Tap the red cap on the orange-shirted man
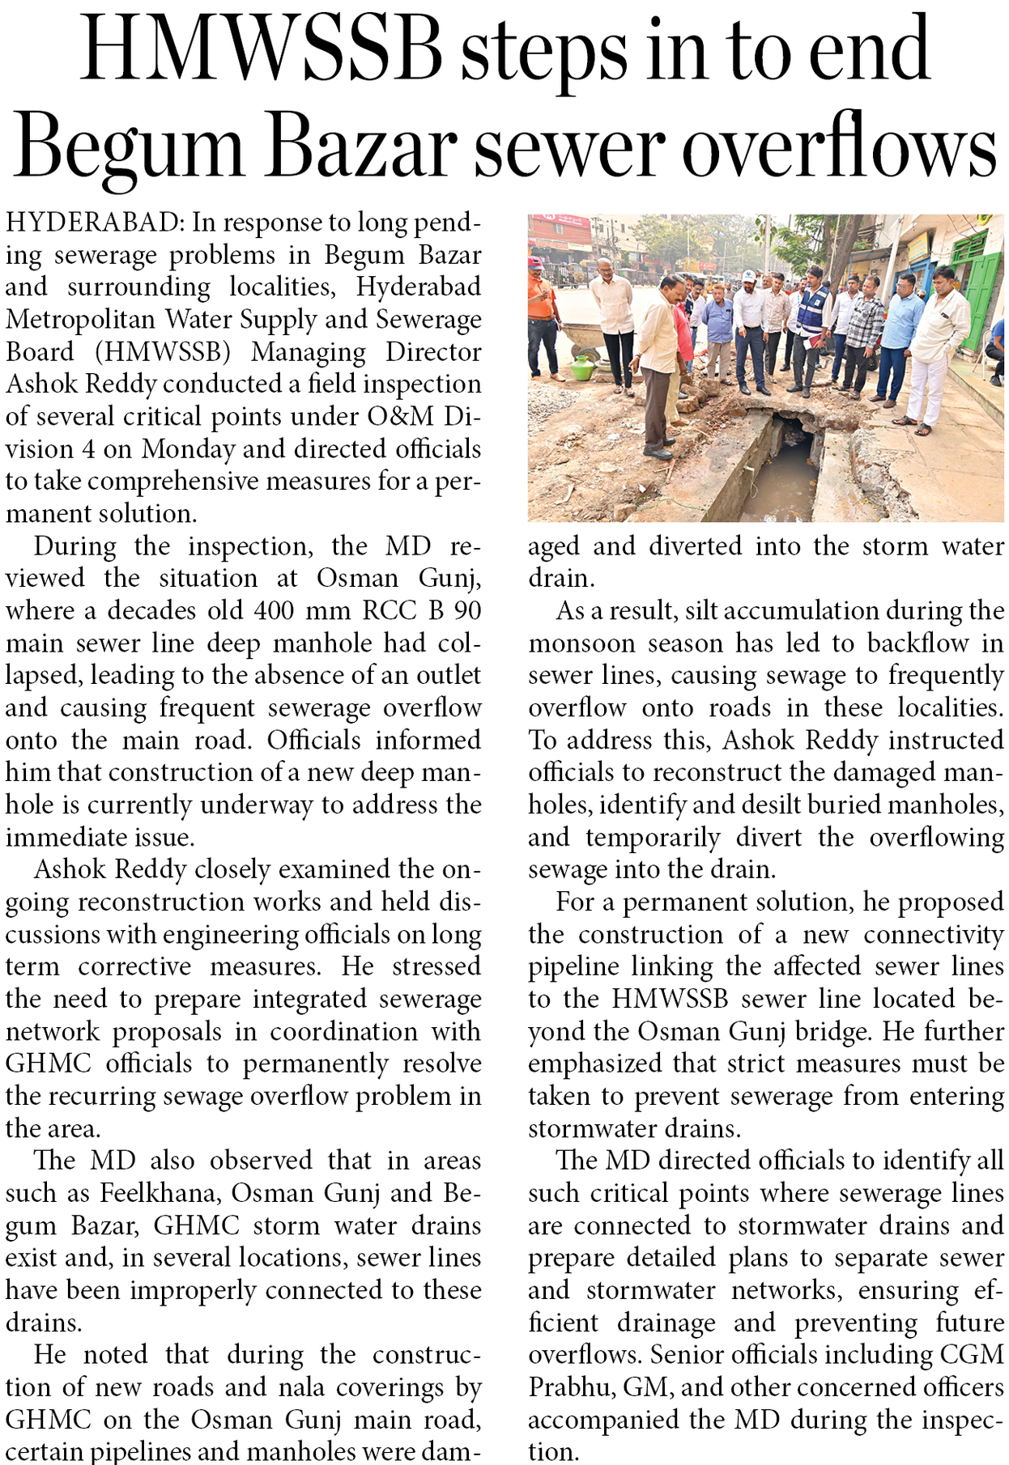[535, 263]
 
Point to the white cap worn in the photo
[749, 276]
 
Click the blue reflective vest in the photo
[811, 310]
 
